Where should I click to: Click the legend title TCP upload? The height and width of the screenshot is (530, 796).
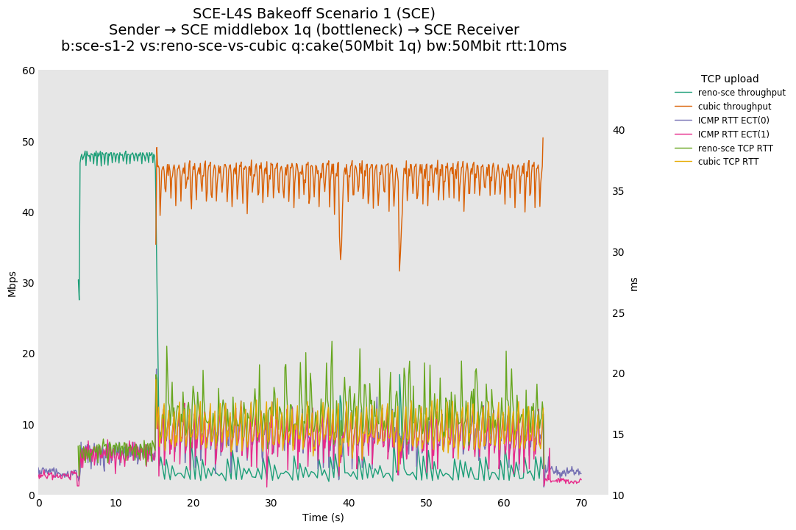coord(729,79)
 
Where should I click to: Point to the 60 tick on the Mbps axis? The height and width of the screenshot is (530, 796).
coord(28,71)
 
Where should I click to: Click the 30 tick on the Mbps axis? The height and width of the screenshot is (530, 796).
coord(28,283)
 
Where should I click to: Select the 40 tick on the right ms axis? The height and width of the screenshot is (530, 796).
coord(619,131)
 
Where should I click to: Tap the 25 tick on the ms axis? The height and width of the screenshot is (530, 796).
coord(619,313)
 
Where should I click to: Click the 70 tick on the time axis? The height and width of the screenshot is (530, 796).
coord(581,504)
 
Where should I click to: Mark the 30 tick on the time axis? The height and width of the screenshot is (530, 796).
coord(271,504)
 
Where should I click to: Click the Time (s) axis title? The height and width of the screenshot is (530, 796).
coord(323,518)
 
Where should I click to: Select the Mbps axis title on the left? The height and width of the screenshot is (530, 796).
coord(12,283)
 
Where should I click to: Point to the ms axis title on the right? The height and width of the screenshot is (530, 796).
coord(634,283)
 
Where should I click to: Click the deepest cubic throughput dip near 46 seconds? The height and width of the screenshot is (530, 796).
coord(399,271)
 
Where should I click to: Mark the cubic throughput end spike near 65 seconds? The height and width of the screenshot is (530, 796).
coord(543,138)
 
